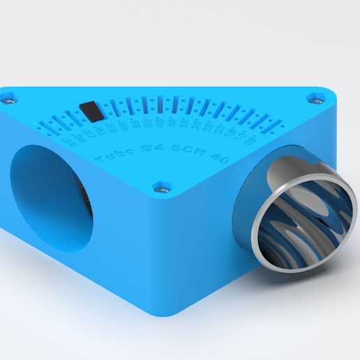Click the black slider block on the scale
[89, 110]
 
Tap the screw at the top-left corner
[10, 98]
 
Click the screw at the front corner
[163, 187]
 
